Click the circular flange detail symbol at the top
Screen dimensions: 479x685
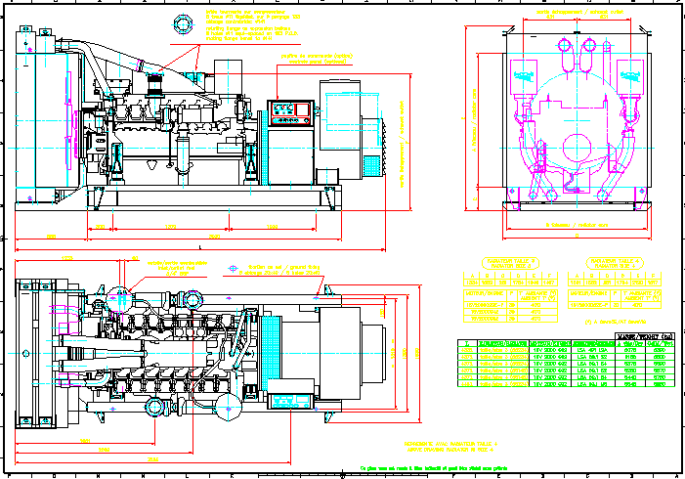tap(184, 23)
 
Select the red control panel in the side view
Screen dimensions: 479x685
tap(292, 113)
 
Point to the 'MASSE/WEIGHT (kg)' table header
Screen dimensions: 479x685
tap(645, 335)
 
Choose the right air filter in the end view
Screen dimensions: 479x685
tap(627, 73)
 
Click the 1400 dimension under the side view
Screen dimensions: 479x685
tap(170, 227)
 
